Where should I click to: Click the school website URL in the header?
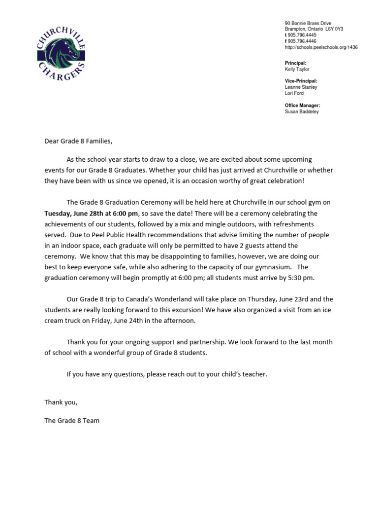[x=321, y=47]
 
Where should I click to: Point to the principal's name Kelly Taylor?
[x=297, y=70]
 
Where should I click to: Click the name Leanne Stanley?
[x=301, y=87]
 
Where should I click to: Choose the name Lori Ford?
[x=294, y=93]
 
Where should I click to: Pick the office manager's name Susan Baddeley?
[x=301, y=111]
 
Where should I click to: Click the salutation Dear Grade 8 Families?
[x=78, y=142]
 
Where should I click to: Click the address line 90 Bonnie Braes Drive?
[x=308, y=23]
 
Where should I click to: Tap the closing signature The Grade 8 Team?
[x=72, y=421]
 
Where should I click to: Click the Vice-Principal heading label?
[x=301, y=81]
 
